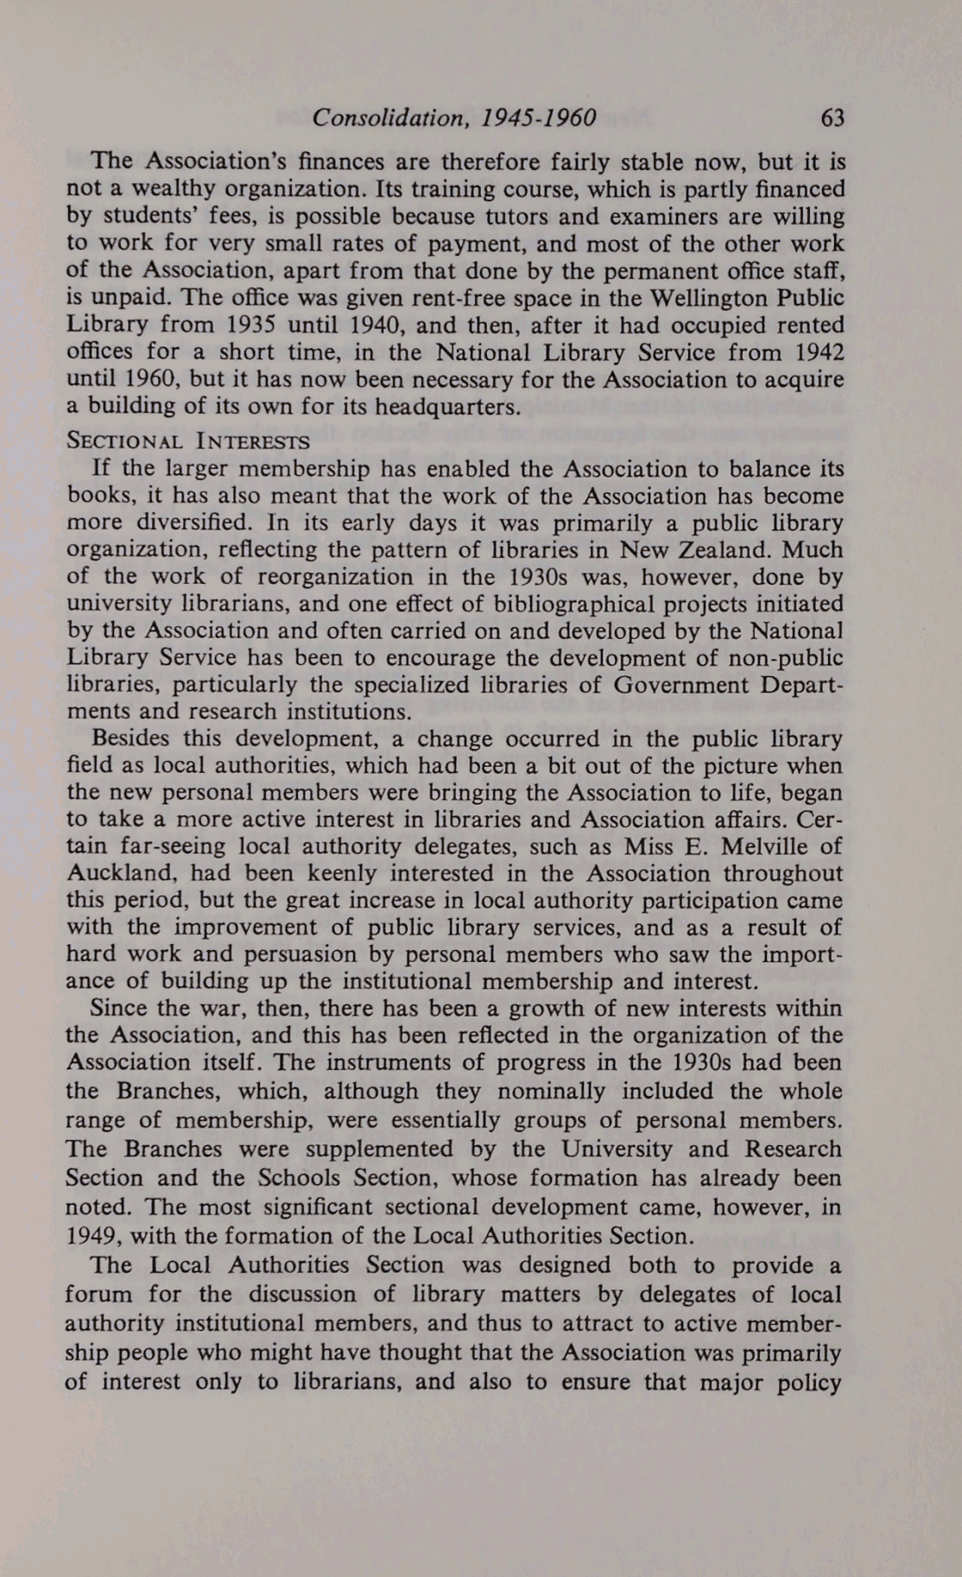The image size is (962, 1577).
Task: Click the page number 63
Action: coord(832,117)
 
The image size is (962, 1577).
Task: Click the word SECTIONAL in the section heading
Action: coord(124,441)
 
